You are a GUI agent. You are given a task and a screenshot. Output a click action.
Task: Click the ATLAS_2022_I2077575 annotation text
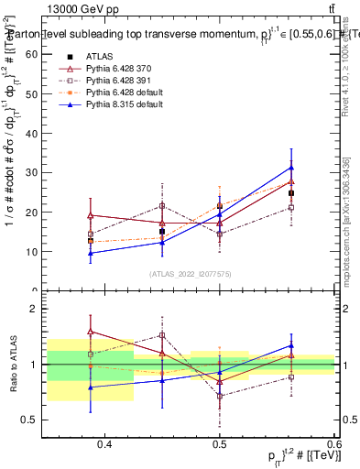tap(191, 274)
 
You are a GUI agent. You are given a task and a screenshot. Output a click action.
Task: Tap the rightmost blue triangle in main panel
tap(291, 168)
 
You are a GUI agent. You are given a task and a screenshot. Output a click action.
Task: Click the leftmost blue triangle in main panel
tap(90, 253)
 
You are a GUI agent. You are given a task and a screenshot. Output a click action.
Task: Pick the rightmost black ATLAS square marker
tap(291, 193)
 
